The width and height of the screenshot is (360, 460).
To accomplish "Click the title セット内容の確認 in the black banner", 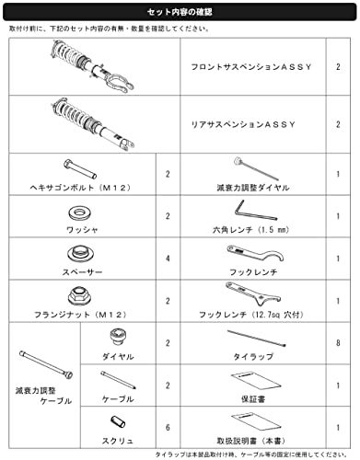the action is [180, 12].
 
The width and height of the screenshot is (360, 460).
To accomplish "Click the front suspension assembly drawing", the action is [93, 66].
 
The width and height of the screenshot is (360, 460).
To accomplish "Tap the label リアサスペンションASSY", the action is [243, 124].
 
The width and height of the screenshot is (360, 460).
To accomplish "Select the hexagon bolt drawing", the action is [80, 168].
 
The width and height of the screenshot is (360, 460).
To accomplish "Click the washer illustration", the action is [80, 213].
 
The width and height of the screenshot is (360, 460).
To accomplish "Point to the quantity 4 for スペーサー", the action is [168, 259].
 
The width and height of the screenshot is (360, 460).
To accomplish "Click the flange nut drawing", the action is [80, 296].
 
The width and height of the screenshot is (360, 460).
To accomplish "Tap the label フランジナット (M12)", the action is [80, 315].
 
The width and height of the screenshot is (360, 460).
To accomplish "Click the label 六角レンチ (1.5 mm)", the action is [251, 230].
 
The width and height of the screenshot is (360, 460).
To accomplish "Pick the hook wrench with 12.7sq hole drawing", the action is [253, 293].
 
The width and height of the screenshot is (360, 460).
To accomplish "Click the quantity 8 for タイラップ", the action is [338, 343].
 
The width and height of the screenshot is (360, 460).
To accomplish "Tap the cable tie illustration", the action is [256, 338].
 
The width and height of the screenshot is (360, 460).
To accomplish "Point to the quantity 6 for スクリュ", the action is [168, 428].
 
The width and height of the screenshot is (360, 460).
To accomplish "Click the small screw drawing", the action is [118, 421].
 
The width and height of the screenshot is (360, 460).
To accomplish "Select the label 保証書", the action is [253, 399].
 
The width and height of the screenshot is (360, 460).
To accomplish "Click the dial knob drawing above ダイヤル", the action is [118, 338].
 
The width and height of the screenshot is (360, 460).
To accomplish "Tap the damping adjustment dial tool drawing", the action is [256, 168].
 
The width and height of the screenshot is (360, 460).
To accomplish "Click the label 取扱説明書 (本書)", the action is [251, 442].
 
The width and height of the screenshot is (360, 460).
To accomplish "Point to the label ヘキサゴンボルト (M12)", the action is [80, 188].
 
